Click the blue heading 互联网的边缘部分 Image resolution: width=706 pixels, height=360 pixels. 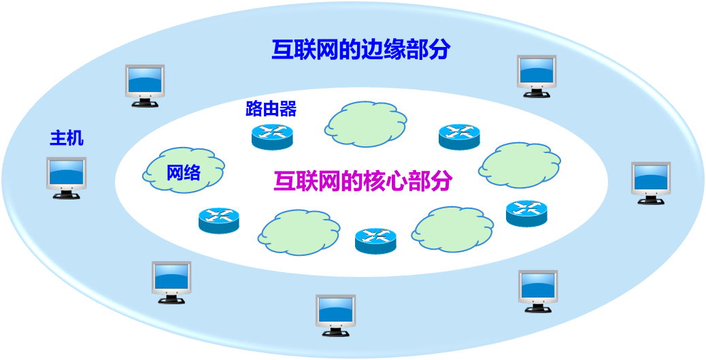[360, 50]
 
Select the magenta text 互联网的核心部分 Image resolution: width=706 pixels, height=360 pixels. [363, 180]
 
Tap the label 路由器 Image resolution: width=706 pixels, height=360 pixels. [271, 109]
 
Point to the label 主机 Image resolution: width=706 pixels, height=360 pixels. [67, 138]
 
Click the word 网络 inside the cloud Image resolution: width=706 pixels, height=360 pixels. [184, 173]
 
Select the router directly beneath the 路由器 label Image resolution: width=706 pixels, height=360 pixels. [271, 136]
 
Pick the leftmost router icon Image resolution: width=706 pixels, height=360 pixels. [219, 220]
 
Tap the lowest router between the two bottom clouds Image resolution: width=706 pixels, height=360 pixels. [375, 240]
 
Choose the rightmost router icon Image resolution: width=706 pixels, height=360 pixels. [526, 213]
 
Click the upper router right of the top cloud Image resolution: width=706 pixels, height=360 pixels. [459, 137]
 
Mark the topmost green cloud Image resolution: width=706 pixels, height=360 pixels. [365, 124]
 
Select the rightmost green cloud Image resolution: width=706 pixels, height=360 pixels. [520, 165]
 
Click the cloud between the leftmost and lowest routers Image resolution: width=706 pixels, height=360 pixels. [298, 231]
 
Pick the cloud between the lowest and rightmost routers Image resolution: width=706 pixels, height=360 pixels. [452, 229]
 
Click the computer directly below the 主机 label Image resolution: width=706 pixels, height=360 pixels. [66, 176]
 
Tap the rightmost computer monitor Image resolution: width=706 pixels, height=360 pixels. [651, 182]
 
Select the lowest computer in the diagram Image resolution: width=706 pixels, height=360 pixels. [335, 314]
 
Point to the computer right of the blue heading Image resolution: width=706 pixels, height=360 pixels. [537, 75]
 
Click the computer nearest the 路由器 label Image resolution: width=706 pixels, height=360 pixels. [145, 84]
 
